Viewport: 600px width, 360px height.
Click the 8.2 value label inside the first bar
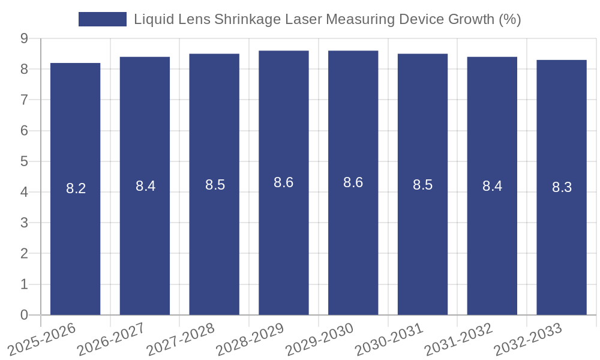[76, 188]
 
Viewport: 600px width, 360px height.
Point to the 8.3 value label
[562, 187]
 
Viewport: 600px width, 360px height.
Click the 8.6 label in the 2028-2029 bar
[283, 182]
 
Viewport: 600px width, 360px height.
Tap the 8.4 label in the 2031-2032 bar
[492, 186]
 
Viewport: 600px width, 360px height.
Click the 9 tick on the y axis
[24, 38]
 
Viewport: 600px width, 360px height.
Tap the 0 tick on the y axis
[24, 315]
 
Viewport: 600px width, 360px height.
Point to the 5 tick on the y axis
[24, 161]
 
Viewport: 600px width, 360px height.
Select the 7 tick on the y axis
[24, 100]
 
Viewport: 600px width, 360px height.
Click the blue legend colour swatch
[103, 19]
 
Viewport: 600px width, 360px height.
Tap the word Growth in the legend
[472, 19]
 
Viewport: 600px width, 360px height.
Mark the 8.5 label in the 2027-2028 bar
[215, 185]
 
